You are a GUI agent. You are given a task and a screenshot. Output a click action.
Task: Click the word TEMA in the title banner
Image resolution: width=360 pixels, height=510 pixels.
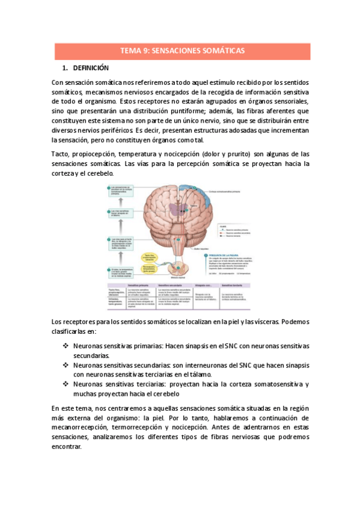pyautogui.click(x=132, y=51)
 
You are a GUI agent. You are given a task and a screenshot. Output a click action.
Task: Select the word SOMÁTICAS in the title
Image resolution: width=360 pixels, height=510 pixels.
pyautogui.click(x=222, y=51)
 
